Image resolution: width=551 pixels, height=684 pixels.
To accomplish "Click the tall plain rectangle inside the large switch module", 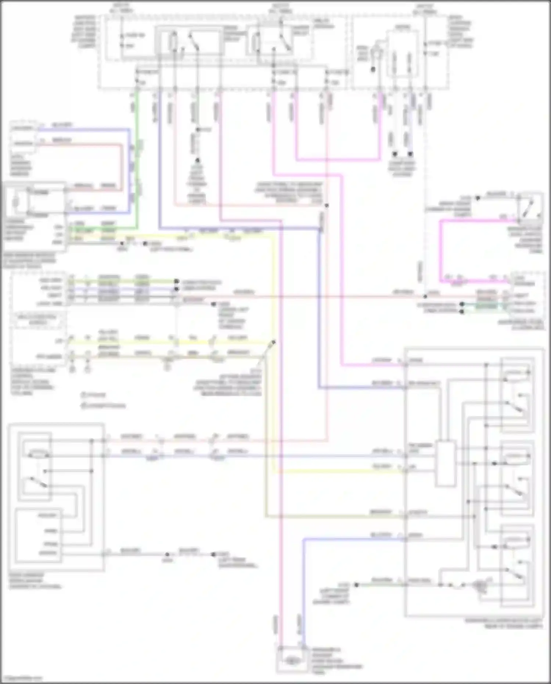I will tap(445, 463).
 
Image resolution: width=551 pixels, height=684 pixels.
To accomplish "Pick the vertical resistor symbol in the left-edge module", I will tap(15, 203).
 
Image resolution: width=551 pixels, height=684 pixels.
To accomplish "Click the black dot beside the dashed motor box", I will tap(373, 69).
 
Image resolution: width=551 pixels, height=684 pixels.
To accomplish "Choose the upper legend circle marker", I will tap(84, 395).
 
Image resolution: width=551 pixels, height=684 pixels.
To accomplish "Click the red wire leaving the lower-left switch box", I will tap(220, 440).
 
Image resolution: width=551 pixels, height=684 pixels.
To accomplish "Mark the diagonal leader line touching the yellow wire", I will tap(267, 353).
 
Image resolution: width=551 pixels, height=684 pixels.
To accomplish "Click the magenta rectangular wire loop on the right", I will tap(441, 250).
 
